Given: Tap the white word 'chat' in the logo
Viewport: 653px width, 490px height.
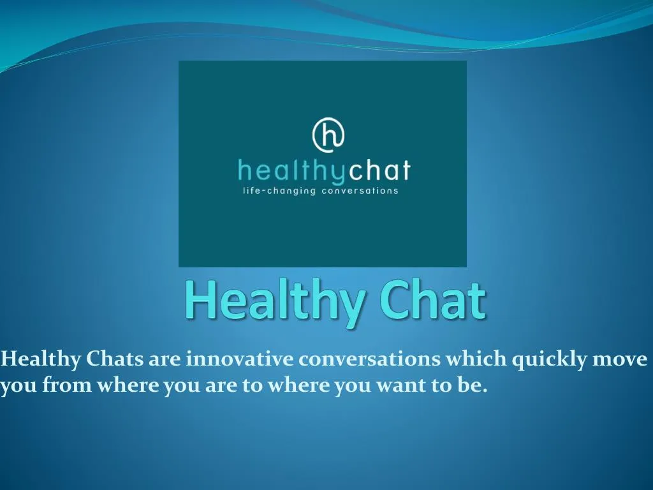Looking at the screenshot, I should (x=381, y=171).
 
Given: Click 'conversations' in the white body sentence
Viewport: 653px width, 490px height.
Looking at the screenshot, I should (x=370, y=359).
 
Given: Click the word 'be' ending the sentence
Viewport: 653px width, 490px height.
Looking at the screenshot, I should (x=472, y=386).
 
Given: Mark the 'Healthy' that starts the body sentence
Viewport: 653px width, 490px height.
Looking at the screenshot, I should (x=41, y=360).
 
